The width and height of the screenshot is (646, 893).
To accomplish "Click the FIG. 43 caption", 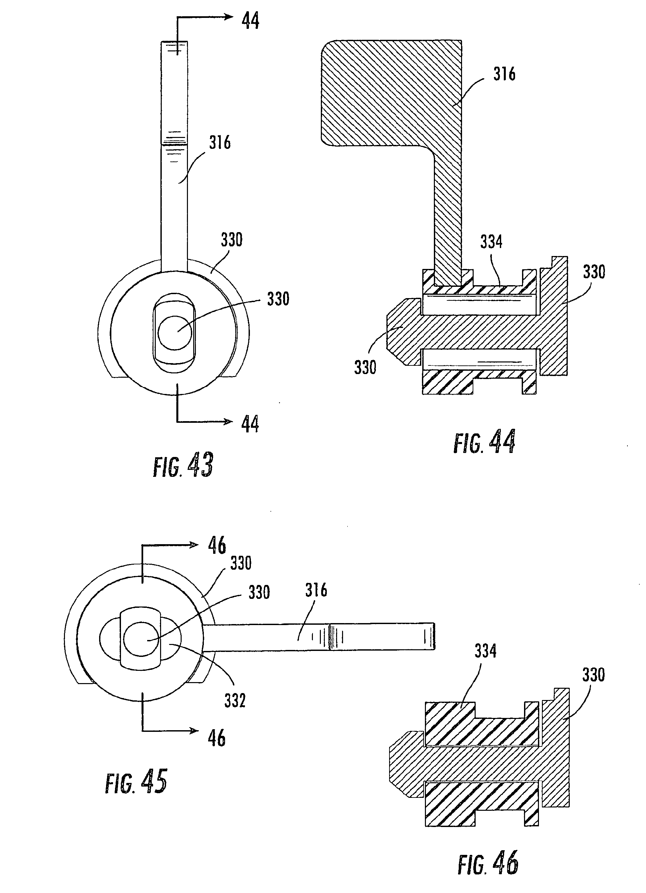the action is coord(183,465).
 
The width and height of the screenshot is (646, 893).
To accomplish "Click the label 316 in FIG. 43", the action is coord(220,143).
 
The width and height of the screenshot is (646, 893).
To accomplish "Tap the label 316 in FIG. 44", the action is coord(504,74).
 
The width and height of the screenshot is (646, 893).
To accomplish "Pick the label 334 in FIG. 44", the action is coord(491,242).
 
